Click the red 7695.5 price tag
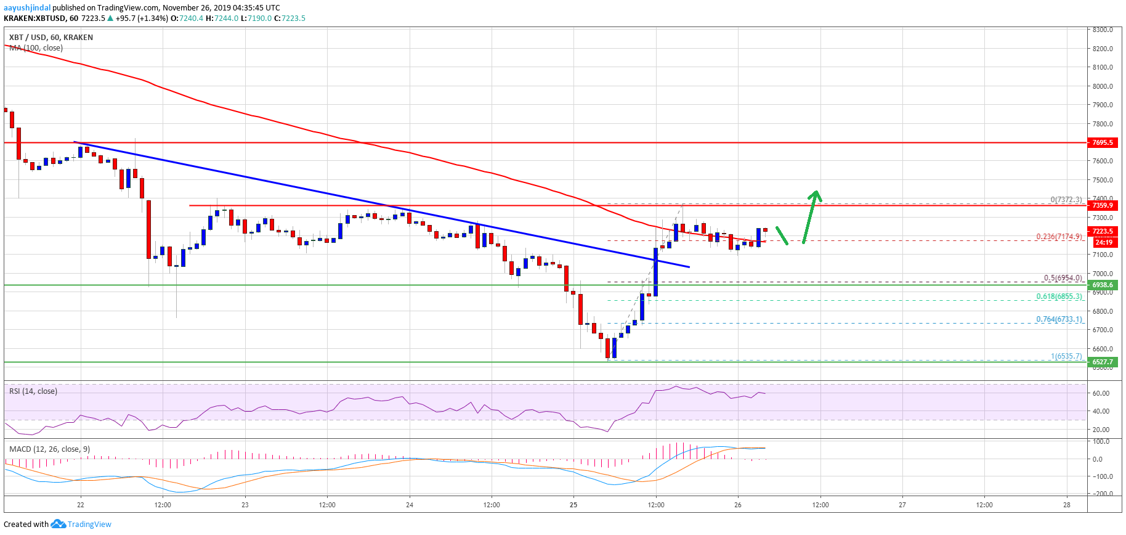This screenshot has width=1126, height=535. click(x=1102, y=142)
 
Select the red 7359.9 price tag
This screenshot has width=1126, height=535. click(x=1102, y=205)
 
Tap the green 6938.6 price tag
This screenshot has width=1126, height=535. click(x=1102, y=285)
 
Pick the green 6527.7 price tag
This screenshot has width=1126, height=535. click(x=1102, y=362)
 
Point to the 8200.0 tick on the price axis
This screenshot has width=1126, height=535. click(x=1102, y=49)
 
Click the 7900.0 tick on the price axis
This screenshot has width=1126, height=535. click(x=1102, y=105)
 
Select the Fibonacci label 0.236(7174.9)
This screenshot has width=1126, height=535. click(x=1059, y=237)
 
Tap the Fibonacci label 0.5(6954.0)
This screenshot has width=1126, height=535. click(x=1063, y=278)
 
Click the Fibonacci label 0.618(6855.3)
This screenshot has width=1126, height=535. click(x=1059, y=296)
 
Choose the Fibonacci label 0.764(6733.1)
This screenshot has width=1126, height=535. click(x=1059, y=319)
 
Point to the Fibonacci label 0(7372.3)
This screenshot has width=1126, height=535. click(x=1066, y=200)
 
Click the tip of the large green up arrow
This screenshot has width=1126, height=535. click(x=816, y=192)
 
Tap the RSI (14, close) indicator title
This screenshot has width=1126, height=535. click(x=33, y=391)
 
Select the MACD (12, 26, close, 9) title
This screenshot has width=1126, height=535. click(x=49, y=449)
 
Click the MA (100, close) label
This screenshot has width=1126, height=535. click(x=36, y=48)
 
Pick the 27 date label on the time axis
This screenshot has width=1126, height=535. click(x=902, y=505)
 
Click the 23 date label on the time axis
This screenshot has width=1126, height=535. click(x=245, y=505)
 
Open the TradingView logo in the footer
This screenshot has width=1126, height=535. click(x=81, y=525)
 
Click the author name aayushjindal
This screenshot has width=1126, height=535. click(x=27, y=8)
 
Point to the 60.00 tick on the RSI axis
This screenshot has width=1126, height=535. click(x=1101, y=393)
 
